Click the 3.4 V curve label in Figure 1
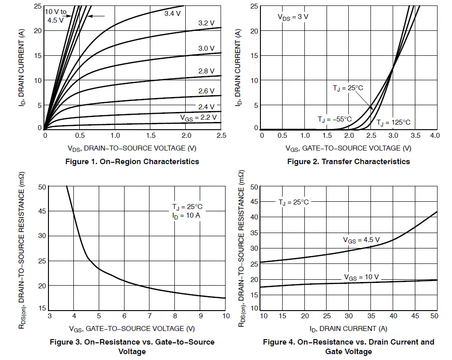[172, 14]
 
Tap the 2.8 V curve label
[206, 71]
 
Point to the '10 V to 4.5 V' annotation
[56, 16]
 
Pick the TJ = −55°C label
[334, 119]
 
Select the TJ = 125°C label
[393, 122]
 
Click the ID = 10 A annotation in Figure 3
[186, 215]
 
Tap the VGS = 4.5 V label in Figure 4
[361, 239]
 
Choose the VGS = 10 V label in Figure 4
[361, 277]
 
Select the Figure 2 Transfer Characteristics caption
[348, 161]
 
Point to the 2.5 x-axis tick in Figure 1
[221, 136]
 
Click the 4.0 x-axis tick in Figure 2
[435, 136]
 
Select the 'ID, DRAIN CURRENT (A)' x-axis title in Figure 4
[348, 328]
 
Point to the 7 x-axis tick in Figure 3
[149, 316]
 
